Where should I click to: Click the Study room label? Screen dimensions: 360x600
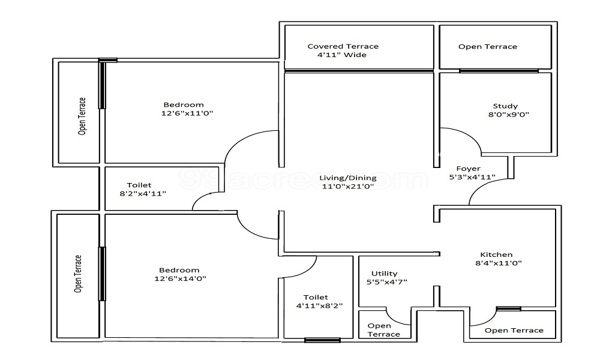point(505,106)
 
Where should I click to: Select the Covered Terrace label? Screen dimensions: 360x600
point(343,46)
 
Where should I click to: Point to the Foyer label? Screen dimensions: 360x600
point(468,169)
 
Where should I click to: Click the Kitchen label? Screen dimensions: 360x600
point(496,254)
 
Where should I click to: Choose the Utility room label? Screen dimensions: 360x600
point(384,274)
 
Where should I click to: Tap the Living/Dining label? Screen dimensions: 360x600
point(347,178)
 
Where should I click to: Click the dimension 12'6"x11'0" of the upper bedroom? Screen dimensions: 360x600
point(187,113)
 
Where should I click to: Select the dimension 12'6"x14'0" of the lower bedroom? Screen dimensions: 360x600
point(180,278)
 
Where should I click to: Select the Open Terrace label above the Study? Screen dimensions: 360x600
point(487,47)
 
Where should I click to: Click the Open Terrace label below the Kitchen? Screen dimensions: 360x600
point(514,330)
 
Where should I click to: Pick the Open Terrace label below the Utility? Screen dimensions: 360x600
point(383,330)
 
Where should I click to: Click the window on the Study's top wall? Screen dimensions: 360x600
point(499,71)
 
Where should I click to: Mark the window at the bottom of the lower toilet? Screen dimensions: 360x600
point(322,340)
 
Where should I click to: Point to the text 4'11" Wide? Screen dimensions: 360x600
point(341,55)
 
